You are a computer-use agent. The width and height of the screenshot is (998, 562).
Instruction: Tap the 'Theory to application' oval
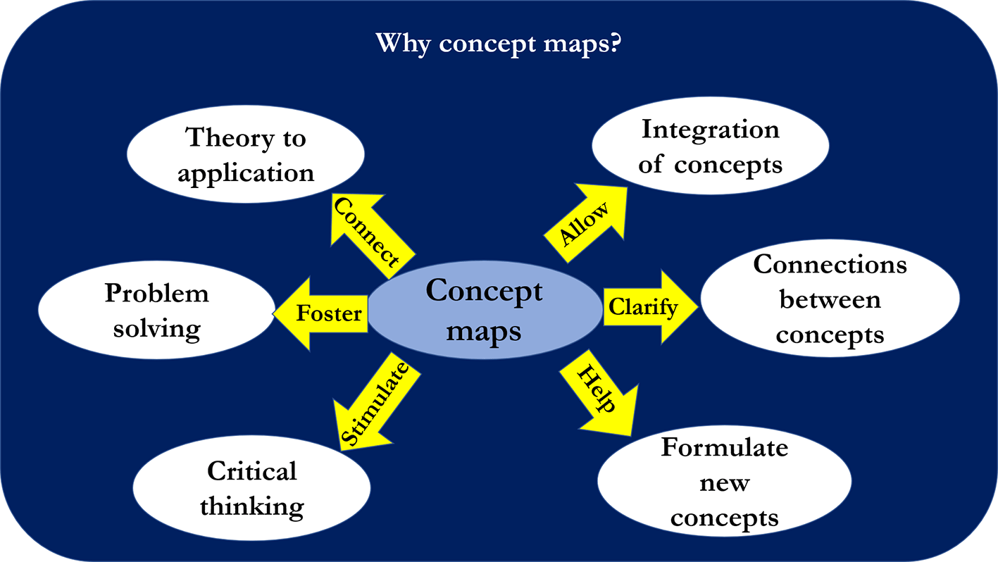245,155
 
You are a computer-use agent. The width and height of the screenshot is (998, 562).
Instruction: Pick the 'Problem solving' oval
156,311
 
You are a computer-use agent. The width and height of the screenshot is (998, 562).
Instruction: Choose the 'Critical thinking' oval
251,488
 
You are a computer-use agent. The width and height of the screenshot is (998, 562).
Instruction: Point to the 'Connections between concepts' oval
830,300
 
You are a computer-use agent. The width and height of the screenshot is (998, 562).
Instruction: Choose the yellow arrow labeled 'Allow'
584,224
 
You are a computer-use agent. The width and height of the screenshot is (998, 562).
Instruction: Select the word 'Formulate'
724,448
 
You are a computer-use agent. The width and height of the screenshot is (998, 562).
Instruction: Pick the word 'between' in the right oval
830,300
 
